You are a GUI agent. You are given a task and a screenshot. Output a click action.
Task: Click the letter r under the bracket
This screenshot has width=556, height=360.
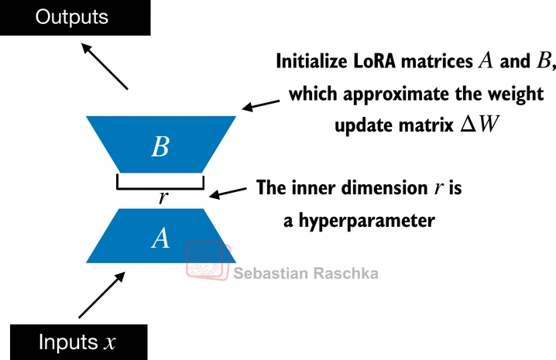pyautogui.click(x=162, y=197)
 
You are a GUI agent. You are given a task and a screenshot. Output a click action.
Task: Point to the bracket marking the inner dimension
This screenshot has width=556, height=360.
pyautogui.click(x=160, y=183)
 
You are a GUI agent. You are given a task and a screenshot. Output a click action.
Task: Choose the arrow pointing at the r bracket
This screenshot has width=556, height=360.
pyautogui.click(x=232, y=191)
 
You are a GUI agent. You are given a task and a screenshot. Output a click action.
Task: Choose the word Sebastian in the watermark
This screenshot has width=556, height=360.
pyautogui.click(x=270, y=273)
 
